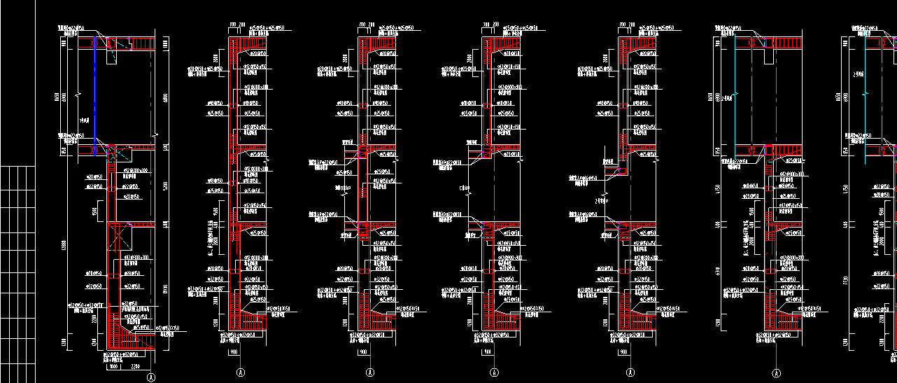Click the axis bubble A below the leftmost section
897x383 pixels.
click(x=152, y=377)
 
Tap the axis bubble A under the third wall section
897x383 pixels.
click(x=369, y=372)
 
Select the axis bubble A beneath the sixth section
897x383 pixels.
click(x=777, y=372)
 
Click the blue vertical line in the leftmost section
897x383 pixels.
click(x=95, y=98)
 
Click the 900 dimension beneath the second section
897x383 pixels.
click(x=232, y=353)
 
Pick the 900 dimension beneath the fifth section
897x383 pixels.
click(x=623, y=353)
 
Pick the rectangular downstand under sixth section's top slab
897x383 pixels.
click(x=768, y=56)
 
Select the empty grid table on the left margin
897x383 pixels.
click(x=17, y=273)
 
